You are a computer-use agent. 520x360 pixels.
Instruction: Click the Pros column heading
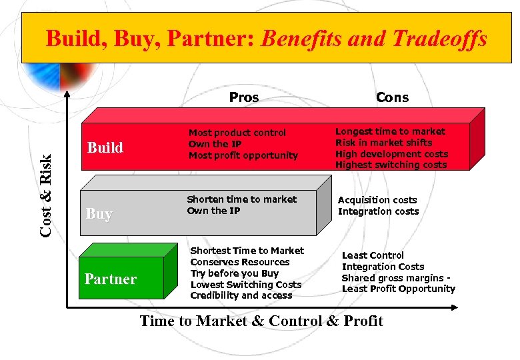coord(244,97)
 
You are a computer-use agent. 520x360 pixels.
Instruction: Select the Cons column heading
coord(392,97)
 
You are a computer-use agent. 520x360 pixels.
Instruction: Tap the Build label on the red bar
coord(105,147)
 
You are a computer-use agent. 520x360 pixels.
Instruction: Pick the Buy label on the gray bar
coord(99,213)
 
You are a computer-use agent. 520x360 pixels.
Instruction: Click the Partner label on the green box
coord(111,279)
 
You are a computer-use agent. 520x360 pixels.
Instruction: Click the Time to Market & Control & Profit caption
coord(261,321)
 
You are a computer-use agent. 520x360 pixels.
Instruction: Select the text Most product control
coord(237,133)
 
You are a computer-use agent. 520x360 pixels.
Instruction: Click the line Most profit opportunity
coord(243,155)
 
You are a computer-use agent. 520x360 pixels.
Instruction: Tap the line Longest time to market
coord(390,131)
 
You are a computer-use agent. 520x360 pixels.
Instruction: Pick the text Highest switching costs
coord(391,165)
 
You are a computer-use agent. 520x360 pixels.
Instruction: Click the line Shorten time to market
coord(241,199)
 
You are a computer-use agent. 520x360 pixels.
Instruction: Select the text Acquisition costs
coord(377,200)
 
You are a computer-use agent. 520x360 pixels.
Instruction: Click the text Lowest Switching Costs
coord(246,285)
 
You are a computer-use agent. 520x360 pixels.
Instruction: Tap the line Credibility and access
coord(241,295)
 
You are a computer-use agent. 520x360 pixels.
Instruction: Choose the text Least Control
coord(373,255)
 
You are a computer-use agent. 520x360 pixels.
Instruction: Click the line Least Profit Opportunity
coord(399,289)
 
